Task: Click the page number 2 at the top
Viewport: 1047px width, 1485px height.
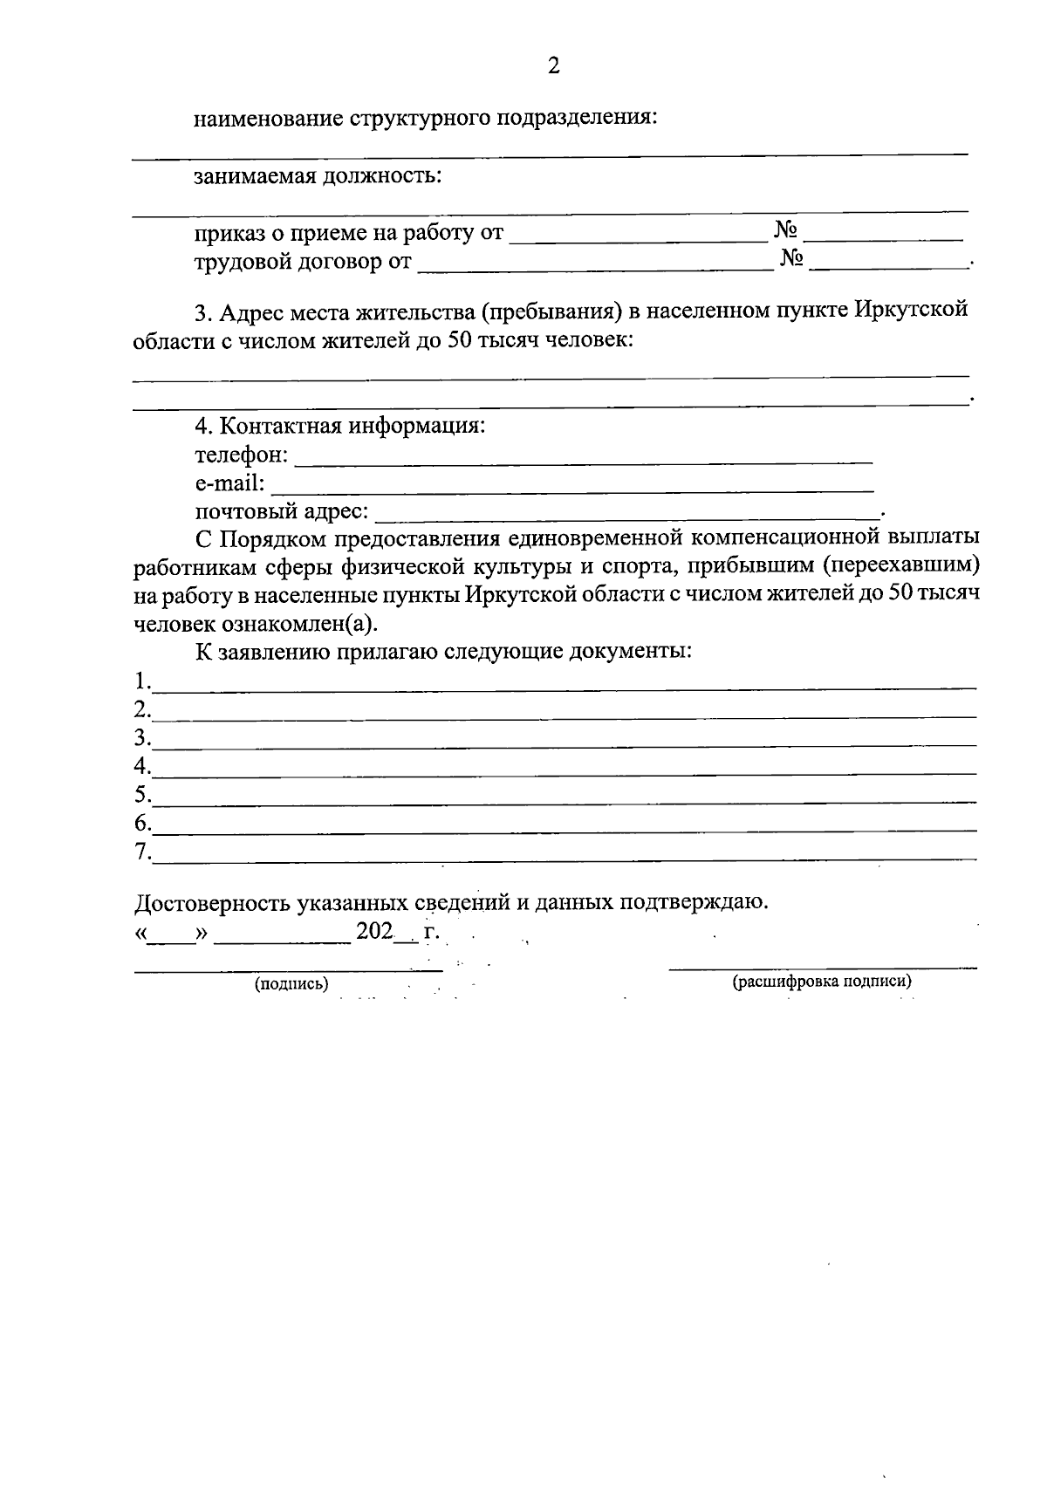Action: pyautogui.click(x=552, y=65)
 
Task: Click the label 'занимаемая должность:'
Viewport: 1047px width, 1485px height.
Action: pyautogui.click(x=318, y=176)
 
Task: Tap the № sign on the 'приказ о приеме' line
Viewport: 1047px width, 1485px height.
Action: pyautogui.click(x=786, y=231)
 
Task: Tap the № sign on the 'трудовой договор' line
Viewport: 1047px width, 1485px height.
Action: pyautogui.click(x=791, y=259)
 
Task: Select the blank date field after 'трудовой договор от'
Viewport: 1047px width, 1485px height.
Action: pyautogui.click(x=595, y=263)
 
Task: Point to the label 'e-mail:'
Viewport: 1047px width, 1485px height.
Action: pyautogui.click(x=229, y=483)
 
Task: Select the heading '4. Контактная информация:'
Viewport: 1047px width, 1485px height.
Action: pyautogui.click(x=339, y=427)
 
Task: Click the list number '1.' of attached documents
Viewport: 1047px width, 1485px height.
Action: pyautogui.click(x=142, y=681)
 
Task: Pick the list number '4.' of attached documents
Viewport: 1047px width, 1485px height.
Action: pyautogui.click(x=142, y=766)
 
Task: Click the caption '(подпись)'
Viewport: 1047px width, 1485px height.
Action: pyautogui.click(x=291, y=984)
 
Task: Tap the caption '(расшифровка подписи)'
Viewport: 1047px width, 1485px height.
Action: pyautogui.click(x=822, y=982)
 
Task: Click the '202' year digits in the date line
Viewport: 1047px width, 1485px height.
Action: pyautogui.click(x=374, y=932)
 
